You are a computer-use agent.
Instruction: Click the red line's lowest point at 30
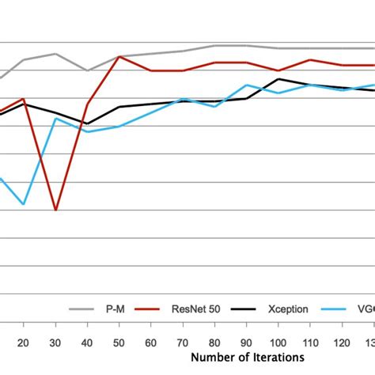55,210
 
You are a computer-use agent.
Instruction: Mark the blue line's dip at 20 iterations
23,204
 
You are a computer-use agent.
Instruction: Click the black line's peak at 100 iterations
278,78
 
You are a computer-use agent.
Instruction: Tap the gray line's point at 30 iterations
55,54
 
